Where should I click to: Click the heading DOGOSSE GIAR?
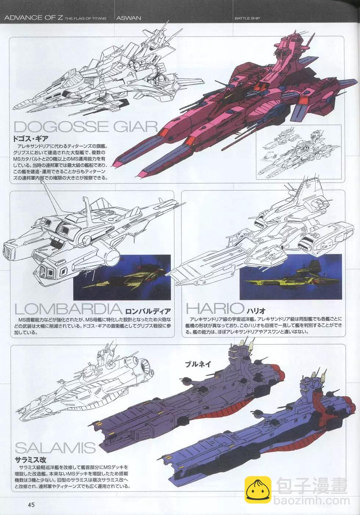pyautogui.click(x=86, y=126)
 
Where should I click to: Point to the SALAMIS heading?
pyautogui.click(x=55, y=448)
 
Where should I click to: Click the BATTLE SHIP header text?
pyautogui.click(x=247, y=18)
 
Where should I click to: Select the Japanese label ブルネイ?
pyautogui.click(x=198, y=364)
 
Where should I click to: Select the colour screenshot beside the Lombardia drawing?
pyautogui.click(x=122, y=277)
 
